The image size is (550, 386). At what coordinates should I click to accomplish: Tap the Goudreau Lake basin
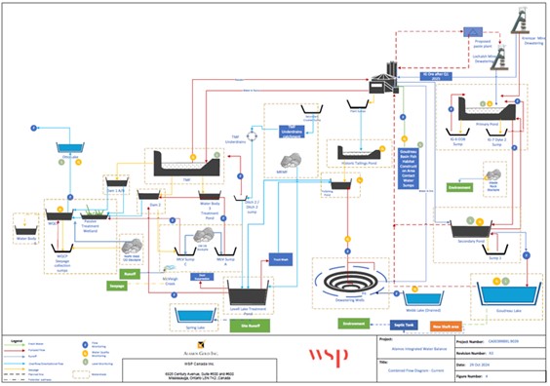(505, 294)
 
